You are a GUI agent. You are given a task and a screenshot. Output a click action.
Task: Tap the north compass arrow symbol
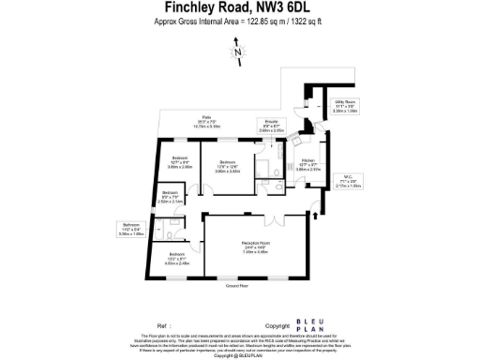pos(239,54)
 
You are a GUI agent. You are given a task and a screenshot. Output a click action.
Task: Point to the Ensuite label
pos(270,125)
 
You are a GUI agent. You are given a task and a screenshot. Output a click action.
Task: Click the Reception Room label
pos(255,247)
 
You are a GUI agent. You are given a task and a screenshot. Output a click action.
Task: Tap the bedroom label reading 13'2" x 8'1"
pos(178,260)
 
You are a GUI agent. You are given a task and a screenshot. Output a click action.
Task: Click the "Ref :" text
pos(166,317)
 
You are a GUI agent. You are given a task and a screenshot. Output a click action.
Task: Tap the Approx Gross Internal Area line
pos(239,21)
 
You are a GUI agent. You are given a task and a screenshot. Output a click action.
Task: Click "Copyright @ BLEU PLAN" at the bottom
pos(239,355)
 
